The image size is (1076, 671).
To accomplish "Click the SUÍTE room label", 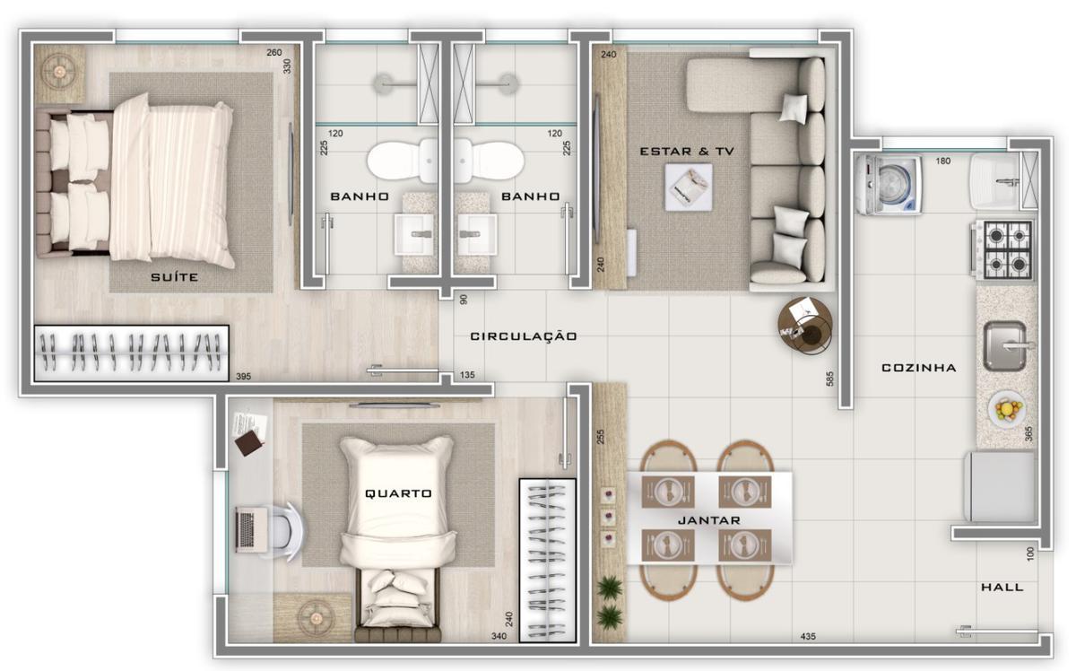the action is (174, 277).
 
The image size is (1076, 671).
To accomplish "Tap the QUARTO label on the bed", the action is (398, 493).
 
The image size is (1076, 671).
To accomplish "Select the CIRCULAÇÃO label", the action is (524, 336).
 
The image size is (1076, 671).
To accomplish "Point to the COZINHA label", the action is (919, 368).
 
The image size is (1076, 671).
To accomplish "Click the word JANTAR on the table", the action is (709, 520).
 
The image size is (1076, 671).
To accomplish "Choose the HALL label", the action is (1002, 587).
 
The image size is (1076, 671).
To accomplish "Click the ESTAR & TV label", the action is (687, 152).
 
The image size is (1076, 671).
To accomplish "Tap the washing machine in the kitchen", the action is (889, 184).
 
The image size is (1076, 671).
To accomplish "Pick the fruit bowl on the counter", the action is (1007, 409).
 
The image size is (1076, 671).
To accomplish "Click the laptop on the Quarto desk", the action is (252, 529).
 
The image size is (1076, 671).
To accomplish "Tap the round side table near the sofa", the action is (805, 326).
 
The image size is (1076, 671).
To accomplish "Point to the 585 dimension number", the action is (829, 379).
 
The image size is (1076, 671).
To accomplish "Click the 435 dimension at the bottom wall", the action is (808, 636).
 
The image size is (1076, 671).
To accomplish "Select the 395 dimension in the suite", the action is (244, 377).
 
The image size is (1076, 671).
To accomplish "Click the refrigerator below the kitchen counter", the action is (1000, 486).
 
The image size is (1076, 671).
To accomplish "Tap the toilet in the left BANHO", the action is (403, 161).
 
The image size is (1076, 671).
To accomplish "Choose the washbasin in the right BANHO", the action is (477, 234).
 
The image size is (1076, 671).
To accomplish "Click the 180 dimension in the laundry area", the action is (943, 161).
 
